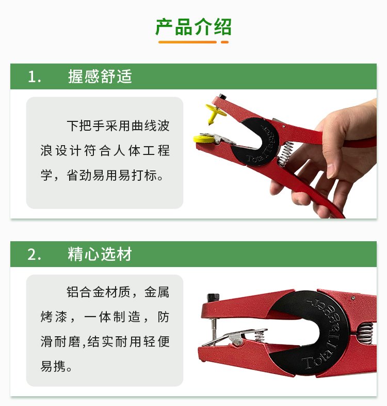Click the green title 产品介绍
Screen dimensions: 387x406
tap(193, 27)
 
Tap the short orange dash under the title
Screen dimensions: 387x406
tap(224, 42)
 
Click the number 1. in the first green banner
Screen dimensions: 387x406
tap(34, 76)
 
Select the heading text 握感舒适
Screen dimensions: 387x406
tap(100, 76)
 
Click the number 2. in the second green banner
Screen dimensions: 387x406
tap(34, 254)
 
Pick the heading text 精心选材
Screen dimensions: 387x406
tap(100, 254)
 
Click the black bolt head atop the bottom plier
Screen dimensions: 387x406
tap(213, 297)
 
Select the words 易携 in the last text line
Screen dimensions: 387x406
tap(53, 366)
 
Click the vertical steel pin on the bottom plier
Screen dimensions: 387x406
tap(214, 331)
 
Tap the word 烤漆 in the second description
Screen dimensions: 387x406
tap(54, 317)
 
